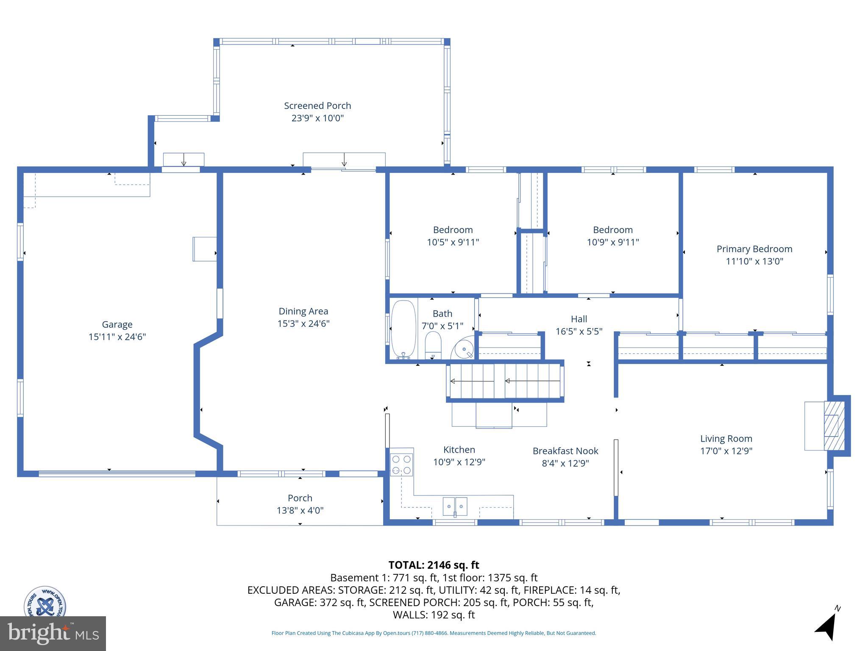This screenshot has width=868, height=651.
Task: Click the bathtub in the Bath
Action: (x=403, y=329)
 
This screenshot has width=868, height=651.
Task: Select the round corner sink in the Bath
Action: (x=464, y=349)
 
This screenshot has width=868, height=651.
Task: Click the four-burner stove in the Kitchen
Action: (x=401, y=464)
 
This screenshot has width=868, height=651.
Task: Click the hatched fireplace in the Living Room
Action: (x=834, y=426)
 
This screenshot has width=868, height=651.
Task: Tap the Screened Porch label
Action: (x=317, y=106)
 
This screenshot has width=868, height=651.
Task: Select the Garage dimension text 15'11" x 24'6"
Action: (x=117, y=337)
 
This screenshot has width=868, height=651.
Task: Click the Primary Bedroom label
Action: (x=754, y=249)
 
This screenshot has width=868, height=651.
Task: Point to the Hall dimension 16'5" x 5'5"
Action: (x=579, y=331)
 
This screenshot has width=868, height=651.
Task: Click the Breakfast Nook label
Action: (x=565, y=451)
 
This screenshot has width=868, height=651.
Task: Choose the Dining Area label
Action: (x=303, y=312)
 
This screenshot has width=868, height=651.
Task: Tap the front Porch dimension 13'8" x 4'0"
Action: (x=300, y=510)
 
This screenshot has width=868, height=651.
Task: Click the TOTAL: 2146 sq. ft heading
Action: (x=433, y=565)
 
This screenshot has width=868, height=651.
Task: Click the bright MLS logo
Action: (x=53, y=633)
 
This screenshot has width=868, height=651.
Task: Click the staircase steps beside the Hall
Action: (x=505, y=381)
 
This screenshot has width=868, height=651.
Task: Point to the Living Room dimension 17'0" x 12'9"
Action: (x=726, y=451)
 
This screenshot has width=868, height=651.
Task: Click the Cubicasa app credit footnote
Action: (x=433, y=633)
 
